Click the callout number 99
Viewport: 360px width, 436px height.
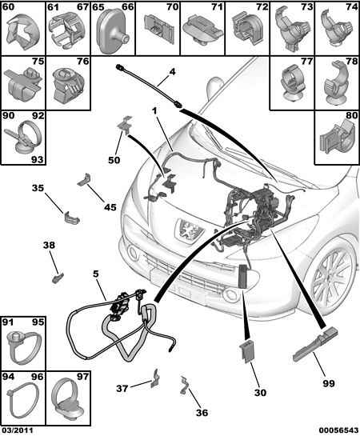[329, 383]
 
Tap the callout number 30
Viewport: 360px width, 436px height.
[260, 392]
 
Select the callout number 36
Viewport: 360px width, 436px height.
[202, 413]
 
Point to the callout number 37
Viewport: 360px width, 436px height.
[122, 388]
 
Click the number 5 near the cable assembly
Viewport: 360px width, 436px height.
[96, 274]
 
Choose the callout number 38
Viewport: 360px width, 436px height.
[49, 246]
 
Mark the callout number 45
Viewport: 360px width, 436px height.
[110, 207]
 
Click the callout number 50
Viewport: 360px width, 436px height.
[114, 160]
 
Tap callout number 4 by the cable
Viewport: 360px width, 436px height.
[172, 72]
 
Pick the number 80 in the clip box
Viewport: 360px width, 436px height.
[351, 115]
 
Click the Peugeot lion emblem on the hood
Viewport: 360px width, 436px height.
[189, 230]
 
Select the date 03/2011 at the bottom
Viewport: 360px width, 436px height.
[18, 430]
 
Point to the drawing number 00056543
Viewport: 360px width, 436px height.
[338, 430]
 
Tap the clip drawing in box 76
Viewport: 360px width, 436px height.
[67, 85]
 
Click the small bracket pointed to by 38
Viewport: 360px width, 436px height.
[58, 278]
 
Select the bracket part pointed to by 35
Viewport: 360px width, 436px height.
[72, 218]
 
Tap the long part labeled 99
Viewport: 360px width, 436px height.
[316, 344]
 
